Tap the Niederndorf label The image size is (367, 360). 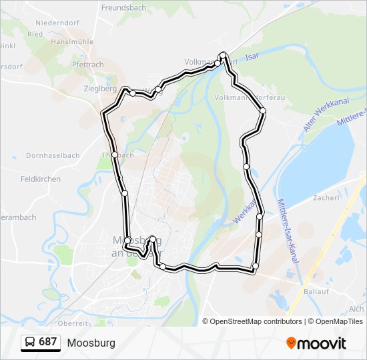pyautogui.click(x=58, y=22)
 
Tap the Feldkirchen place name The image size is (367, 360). pyautogui.click(x=41, y=179)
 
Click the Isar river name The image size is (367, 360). pyautogui.click(x=252, y=58)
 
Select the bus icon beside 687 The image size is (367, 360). pyautogui.click(x=29, y=343)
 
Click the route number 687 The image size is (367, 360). pyautogui.click(x=47, y=342)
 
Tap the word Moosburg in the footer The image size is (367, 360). pyautogui.click(x=91, y=343)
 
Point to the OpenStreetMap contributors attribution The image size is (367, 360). pyautogui.click(x=256, y=321)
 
